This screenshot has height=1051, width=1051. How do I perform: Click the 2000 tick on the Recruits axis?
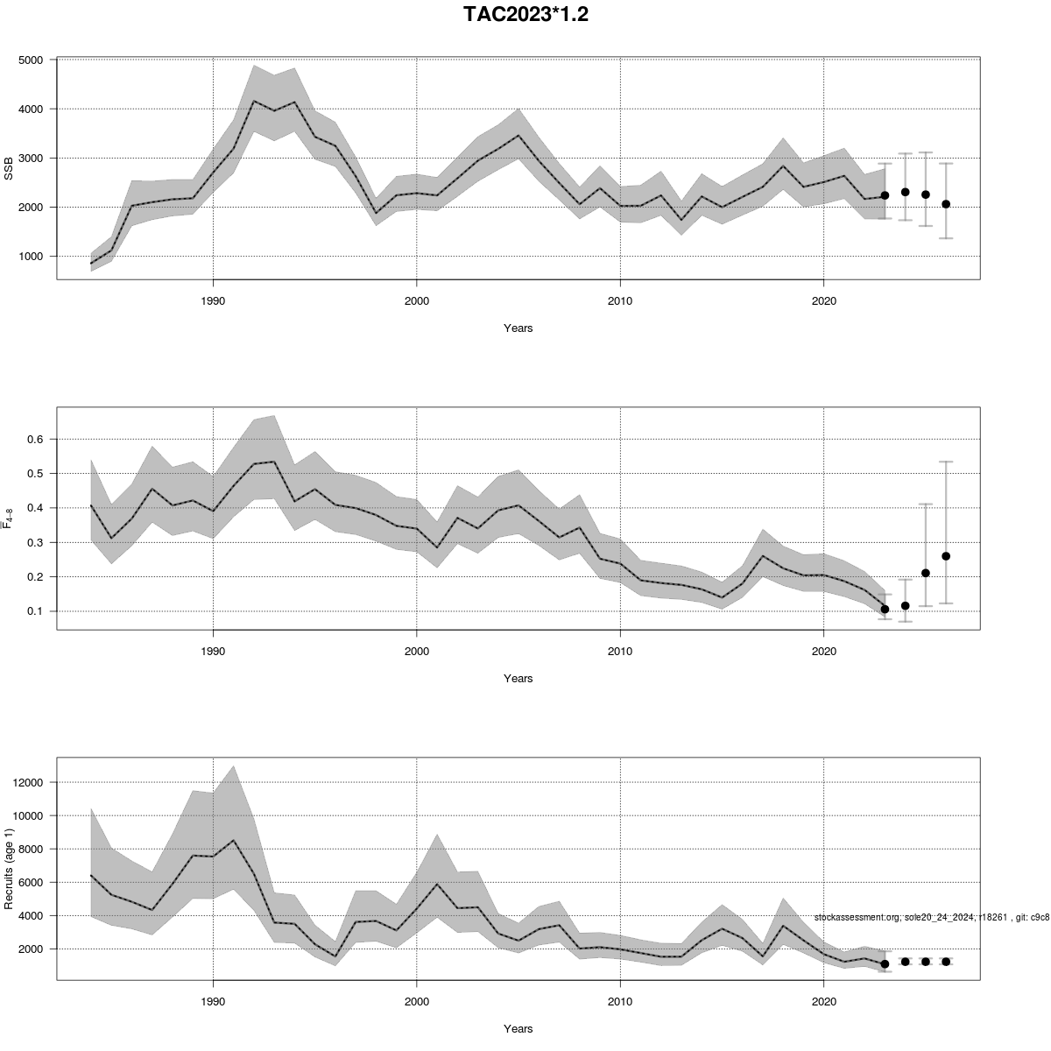point(36,949)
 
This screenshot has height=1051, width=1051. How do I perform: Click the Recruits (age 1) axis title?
point(10,866)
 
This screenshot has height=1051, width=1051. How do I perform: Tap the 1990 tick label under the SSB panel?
point(213,300)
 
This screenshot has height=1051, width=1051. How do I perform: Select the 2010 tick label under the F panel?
point(620,651)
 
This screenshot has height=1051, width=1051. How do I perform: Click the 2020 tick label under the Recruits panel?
point(823,1001)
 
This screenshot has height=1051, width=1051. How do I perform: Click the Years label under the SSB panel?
point(518,328)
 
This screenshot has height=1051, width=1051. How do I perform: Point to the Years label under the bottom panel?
point(518,1029)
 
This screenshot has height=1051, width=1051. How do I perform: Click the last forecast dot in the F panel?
point(946,556)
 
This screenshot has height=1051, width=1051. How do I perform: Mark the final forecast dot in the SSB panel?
point(946,204)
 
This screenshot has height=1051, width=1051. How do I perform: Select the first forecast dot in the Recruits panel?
point(885,963)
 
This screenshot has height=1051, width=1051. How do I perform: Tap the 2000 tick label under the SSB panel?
point(416,300)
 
